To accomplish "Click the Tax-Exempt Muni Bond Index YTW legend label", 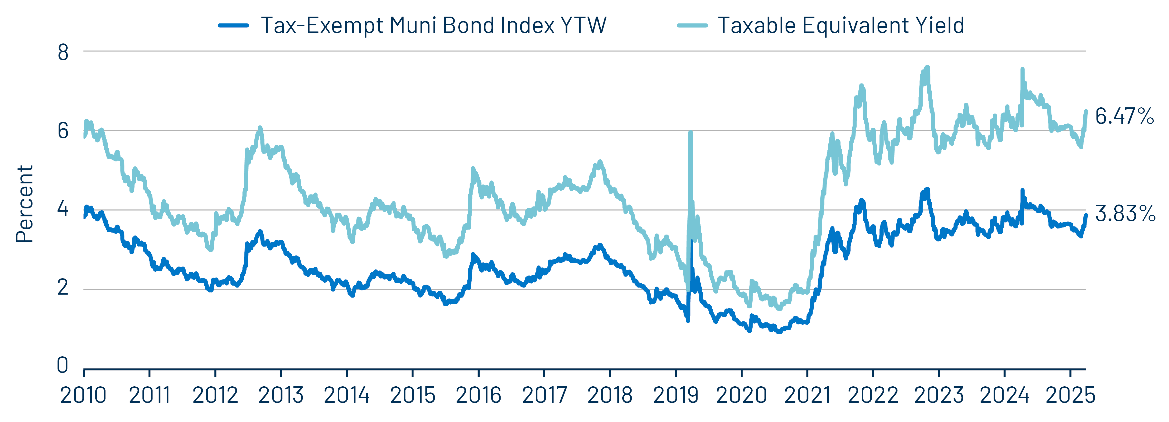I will tap(433, 25).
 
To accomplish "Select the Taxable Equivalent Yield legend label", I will tap(840, 25).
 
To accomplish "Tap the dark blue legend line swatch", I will tap(233, 25).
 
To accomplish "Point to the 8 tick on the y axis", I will tap(63, 53).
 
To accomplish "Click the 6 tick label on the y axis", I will tap(63, 131).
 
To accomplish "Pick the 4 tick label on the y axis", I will tap(63, 210).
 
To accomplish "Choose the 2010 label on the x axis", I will tap(83, 395).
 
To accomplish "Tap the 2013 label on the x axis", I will tap(281, 395).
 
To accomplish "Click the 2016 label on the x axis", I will tap(478, 395).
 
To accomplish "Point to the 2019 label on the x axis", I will tap(676, 395).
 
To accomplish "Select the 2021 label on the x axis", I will tap(807, 395).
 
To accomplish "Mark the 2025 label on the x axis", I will tap(1070, 395).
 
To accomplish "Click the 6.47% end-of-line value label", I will tap(1125, 116).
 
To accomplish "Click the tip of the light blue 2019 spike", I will tap(690, 132).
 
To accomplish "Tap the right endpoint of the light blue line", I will tap(1086, 111).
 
